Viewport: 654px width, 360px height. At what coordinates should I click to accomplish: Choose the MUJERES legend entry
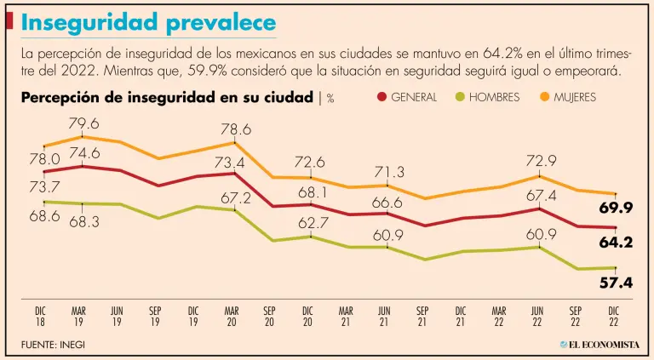565,97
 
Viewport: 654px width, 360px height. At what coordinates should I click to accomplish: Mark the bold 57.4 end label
616,283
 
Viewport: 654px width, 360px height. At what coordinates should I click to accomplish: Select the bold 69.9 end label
616,208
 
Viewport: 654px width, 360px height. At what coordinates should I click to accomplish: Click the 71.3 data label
387,173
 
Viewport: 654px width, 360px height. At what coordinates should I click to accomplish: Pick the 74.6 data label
84,154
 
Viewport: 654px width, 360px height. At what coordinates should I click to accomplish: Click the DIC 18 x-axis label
40,317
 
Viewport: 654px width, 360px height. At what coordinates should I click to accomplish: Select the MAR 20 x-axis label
231,317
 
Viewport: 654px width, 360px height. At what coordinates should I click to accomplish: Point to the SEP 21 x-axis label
422,317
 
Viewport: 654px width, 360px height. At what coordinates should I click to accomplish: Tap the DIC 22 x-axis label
613,317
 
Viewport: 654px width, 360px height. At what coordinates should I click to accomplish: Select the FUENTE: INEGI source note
54,344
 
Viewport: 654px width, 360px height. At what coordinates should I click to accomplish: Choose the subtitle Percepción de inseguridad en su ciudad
167,97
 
